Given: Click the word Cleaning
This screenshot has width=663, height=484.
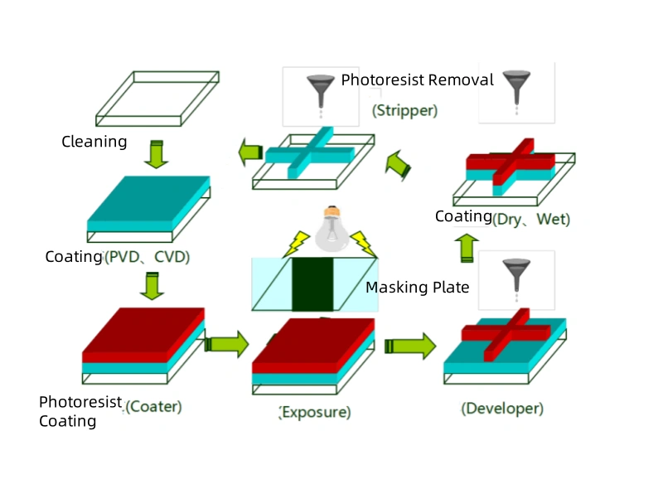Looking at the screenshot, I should click(94, 142).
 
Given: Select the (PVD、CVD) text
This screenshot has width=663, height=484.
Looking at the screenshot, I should click(147, 257).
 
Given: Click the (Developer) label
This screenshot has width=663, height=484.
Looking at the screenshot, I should click(503, 408).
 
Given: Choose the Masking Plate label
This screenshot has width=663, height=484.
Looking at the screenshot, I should click(418, 288).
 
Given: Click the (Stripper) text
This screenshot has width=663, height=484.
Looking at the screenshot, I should click(404, 109).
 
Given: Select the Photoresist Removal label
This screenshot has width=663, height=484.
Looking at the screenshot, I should click(417, 80).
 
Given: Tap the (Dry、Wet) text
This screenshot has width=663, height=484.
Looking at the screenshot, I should click(531, 220).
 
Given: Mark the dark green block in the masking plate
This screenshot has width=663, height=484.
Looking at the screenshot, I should click(312, 284).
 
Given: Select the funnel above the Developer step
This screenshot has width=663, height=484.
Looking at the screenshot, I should click(515, 273).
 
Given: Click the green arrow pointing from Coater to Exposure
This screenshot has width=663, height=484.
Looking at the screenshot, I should click(226, 343).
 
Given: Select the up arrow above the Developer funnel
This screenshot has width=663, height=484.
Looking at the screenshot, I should click(468, 247).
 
